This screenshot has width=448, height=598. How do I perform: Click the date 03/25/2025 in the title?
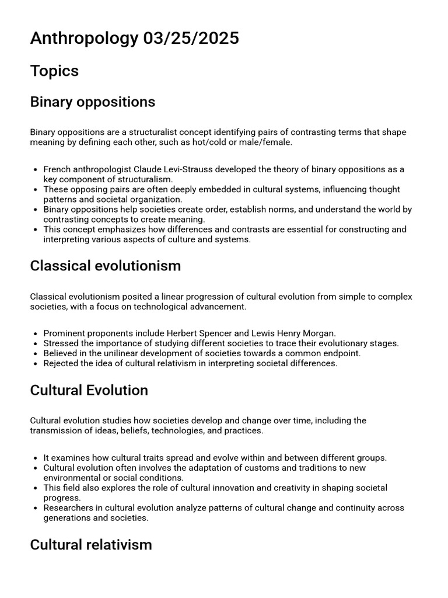click(190, 39)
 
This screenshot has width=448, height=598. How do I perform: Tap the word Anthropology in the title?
click(84, 39)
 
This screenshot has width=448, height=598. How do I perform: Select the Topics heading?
click(54, 71)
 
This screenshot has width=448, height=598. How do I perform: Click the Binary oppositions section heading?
click(92, 102)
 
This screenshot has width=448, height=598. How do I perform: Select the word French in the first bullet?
click(57, 169)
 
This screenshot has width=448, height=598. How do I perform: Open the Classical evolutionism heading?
click(105, 266)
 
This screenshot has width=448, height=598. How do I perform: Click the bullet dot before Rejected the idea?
click(36, 363)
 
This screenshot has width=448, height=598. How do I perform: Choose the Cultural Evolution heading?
click(89, 390)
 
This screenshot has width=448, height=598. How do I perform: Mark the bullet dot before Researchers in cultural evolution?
click(36, 508)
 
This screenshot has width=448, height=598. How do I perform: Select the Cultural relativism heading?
click(90, 544)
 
